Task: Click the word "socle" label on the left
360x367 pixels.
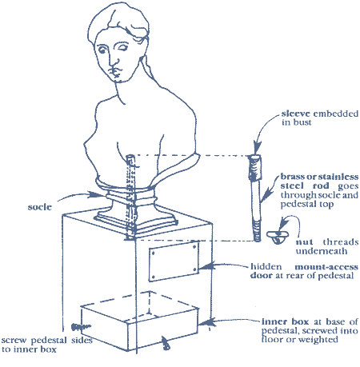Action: coord(39,207)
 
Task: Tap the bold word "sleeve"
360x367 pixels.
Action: coord(296,114)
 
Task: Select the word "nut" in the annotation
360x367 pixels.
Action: coord(304,242)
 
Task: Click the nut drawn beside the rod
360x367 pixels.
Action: coord(278,237)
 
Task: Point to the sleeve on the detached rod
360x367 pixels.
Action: coord(255,168)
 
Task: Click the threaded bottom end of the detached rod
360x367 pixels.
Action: coord(257,231)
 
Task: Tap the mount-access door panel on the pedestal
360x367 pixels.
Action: coord(174,261)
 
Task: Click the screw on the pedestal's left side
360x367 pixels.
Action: coord(81,327)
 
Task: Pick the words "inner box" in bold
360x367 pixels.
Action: coord(285,321)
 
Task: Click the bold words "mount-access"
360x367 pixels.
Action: coord(326,266)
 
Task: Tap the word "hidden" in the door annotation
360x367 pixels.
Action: coord(262,266)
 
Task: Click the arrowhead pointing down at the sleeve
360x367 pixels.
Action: coord(257,147)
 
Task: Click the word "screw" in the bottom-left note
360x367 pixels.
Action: coord(14,341)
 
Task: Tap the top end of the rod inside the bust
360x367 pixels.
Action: coord(130,158)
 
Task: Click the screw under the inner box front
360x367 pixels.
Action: coord(166,343)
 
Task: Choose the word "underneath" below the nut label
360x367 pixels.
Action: coord(322,251)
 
